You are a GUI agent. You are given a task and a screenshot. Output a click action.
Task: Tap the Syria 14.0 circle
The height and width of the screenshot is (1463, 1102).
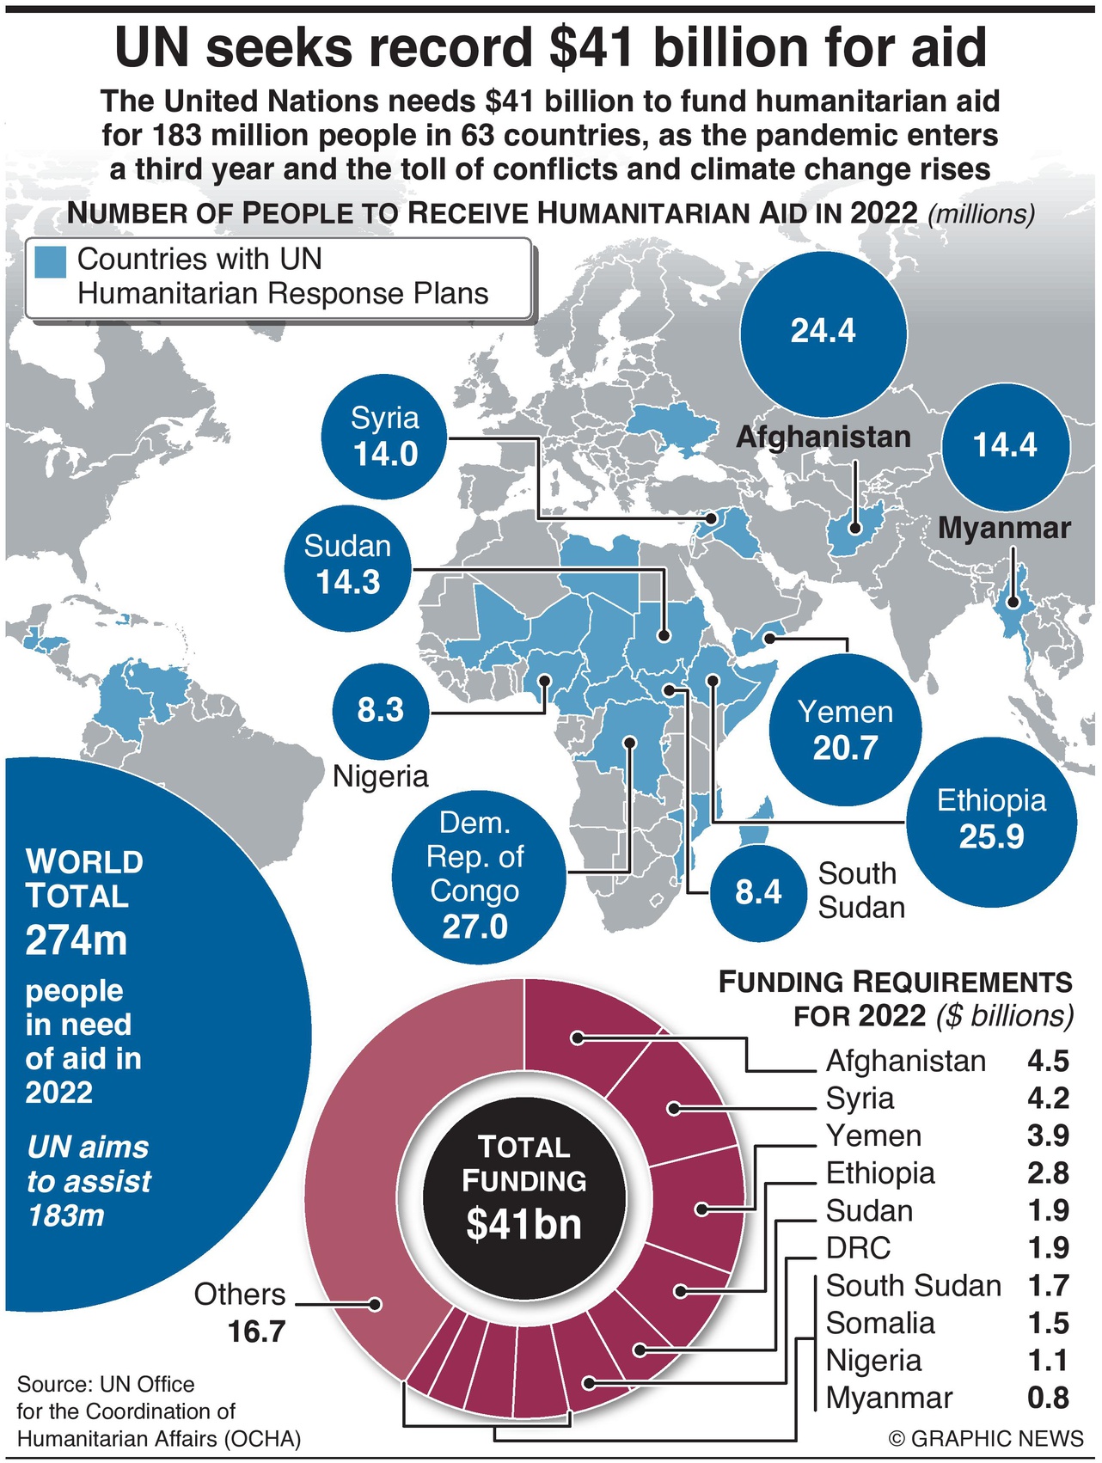384,437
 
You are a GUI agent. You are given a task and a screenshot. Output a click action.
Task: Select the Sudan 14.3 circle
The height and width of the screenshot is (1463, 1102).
347,566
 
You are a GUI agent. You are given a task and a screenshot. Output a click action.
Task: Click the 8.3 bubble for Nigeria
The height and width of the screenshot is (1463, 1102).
380,711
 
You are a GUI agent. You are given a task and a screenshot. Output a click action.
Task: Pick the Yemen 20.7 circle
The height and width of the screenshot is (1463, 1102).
845,730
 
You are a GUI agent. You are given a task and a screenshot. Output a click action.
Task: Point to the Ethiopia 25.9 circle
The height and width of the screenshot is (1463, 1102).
991,819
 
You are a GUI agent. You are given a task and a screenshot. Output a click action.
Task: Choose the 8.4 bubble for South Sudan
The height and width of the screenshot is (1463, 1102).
758,892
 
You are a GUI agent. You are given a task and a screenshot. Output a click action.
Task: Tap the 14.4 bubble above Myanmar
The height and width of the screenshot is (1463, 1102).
1005,446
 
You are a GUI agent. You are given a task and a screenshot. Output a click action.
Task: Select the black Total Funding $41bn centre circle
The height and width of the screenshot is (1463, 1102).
523,1187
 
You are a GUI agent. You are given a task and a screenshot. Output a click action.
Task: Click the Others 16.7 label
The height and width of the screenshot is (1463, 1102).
241,1313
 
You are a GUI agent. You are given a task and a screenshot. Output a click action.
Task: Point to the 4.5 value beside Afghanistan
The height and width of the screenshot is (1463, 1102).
1048,1061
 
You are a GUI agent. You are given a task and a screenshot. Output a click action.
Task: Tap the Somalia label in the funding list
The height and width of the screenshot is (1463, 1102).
880,1323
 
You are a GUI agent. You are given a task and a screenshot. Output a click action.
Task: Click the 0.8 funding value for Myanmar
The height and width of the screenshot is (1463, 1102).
1048,1398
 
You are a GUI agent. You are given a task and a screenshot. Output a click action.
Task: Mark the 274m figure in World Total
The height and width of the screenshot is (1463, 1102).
76,941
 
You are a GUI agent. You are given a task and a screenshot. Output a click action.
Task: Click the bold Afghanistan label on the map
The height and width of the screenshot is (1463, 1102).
823,437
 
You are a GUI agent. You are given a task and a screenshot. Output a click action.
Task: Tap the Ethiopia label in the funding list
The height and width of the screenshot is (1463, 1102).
880,1173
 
